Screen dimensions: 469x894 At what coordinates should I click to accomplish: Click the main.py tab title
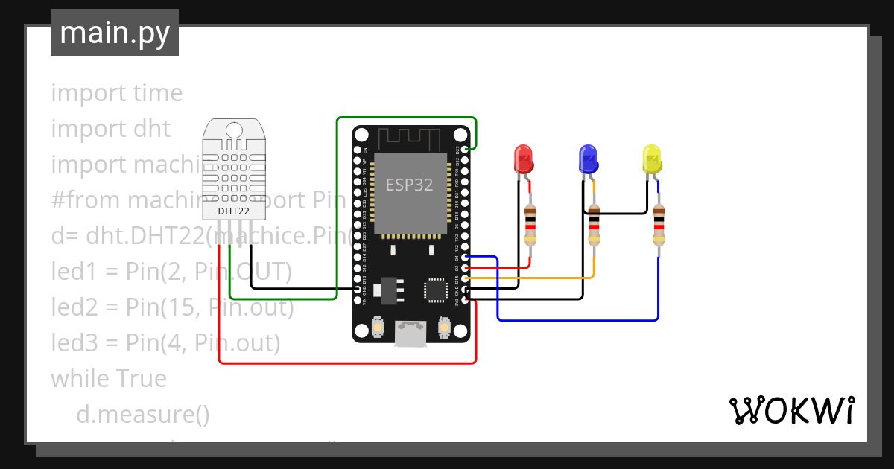(x=114, y=33)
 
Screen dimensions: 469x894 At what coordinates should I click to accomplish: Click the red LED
(x=524, y=159)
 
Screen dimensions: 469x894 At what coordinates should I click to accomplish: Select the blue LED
(x=589, y=159)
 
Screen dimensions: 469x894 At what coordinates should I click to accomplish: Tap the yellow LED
(x=652, y=159)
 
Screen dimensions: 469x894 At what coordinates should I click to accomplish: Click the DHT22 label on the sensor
(x=233, y=211)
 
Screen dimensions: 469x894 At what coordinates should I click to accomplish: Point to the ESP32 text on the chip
(x=409, y=185)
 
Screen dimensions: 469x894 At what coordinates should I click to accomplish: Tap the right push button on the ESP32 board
(x=444, y=327)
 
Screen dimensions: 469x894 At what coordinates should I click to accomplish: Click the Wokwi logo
(x=790, y=411)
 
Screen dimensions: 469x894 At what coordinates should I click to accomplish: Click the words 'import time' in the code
(x=116, y=93)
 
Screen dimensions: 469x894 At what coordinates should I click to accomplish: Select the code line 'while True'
(x=109, y=379)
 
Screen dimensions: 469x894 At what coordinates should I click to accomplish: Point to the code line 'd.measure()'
(x=143, y=413)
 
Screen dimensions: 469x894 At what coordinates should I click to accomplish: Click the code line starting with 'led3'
(x=165, y=343)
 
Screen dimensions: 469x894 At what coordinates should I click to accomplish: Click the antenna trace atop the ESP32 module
(x=409, y=138)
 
